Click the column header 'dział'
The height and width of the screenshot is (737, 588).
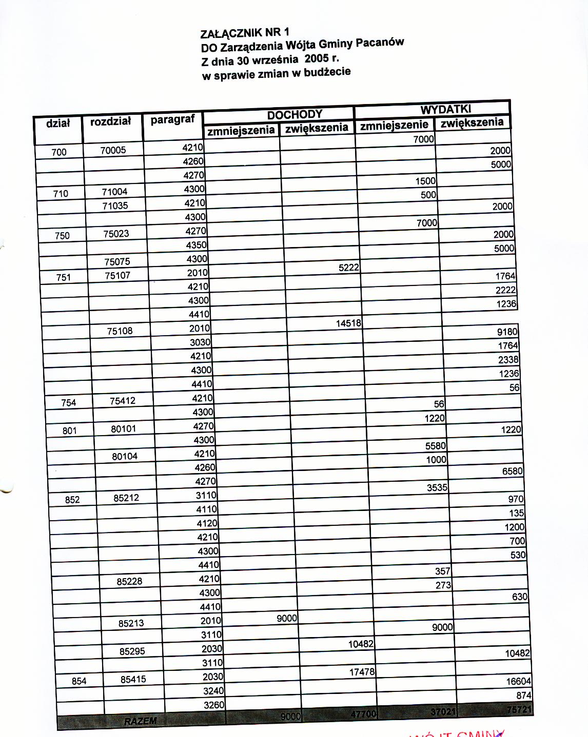tap(57, 123)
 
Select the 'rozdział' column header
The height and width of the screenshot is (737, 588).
tap(110, 121)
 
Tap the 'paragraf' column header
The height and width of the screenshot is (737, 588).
tap(172, 119)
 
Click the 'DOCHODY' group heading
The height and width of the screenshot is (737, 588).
tap(295, 114)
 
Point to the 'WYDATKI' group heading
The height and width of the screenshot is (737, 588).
tap(445, 109)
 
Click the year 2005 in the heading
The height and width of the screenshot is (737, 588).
tap(317, 58)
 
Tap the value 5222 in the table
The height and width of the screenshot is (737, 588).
tap(348, 268)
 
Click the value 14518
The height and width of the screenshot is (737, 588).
tap(348, 323)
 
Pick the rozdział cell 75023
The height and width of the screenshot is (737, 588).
tap(116, 234)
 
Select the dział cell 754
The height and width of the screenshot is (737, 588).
tap(68, 403)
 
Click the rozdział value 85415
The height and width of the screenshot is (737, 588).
tap(133, 680)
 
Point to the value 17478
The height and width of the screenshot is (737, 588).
tap(362, 672)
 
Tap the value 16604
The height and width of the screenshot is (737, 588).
tap(518, 681)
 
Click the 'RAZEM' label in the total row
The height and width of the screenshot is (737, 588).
tap(140, 721)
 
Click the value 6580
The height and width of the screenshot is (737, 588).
tap(512, 471)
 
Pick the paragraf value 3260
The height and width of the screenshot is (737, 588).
tap(214, 705)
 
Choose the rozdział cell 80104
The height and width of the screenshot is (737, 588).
tap(125, 456)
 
